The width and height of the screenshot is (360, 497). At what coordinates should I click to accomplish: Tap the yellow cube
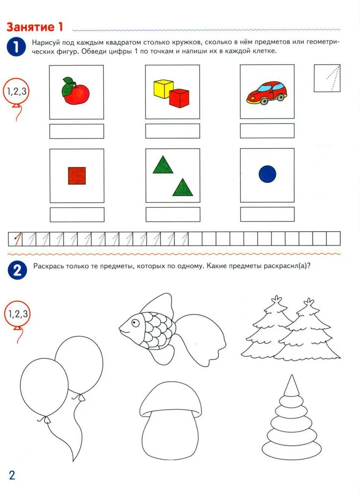coord(163,89)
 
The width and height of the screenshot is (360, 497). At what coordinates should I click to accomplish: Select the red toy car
coord(267,93)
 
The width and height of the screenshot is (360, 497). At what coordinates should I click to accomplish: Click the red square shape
coord(77,175)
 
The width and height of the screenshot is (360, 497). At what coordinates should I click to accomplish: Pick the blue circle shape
coord(267,174)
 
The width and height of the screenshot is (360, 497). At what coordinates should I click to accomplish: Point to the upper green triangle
coord(163,165)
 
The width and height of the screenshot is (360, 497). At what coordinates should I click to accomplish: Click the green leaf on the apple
coord(68,87)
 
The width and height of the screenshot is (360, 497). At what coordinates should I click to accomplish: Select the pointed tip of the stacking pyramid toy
coord(291,375)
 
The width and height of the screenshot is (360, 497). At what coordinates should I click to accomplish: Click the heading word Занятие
coord(30,27)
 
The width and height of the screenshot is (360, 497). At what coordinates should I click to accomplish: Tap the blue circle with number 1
coord(16,47)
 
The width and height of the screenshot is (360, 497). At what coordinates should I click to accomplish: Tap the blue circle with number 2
coord(17,270)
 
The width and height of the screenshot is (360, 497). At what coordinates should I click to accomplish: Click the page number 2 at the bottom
coord(12,475)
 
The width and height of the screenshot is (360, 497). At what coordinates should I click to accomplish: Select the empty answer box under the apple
coord(76,131)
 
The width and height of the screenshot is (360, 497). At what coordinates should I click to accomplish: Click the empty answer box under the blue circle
coord(267,214)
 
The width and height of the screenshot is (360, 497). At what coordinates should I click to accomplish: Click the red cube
coord(179,98)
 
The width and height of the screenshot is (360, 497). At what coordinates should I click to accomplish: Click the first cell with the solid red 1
coord(15,239)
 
